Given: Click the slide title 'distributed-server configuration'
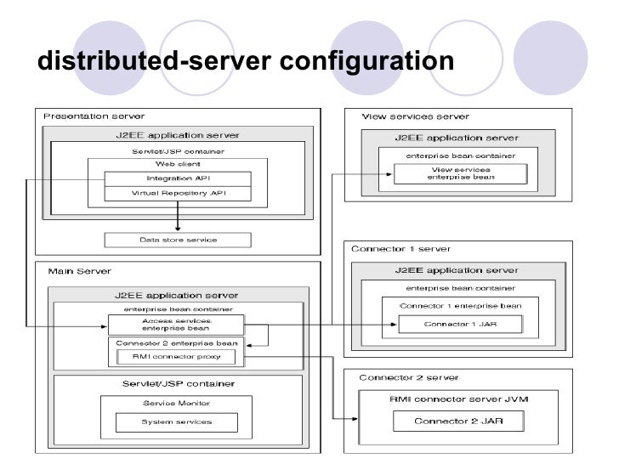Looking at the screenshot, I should click(246, 61).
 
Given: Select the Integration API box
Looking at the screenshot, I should click(177, 178).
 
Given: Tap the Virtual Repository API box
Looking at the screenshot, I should click(177, 193).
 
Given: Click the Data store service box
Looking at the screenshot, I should click(177, 240).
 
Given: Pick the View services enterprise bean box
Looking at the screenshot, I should click(460, 173).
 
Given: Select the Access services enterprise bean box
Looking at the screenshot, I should click(176, 325).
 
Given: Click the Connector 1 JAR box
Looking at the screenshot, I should click(460, 325).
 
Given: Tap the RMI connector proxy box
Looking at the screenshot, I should click(176, 358).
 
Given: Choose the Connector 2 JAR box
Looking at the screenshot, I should click(458, 421).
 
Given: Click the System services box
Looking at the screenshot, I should click(177, 422).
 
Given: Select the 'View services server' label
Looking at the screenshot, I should click(406, 116).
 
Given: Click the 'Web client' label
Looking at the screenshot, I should click(177, 163).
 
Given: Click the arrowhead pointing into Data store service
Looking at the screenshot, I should click(177, 228).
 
